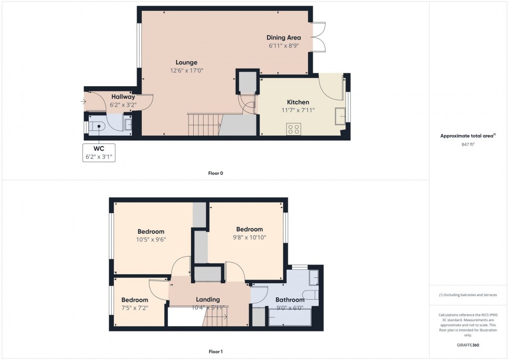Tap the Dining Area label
click(x=284, y=37)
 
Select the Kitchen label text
click(x=298, y=102)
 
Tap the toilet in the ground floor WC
click(x=97, y=126)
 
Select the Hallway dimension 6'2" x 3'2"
click(x=123, y=105)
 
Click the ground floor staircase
click(x=203, y=125)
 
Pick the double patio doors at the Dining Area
click(x=318, y=37)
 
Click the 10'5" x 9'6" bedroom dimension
click(x=151, y=239)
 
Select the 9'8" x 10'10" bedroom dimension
click(x=249, y=237)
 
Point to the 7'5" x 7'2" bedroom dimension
click(x=135, y=308)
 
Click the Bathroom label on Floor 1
click(x=290, y=300)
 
